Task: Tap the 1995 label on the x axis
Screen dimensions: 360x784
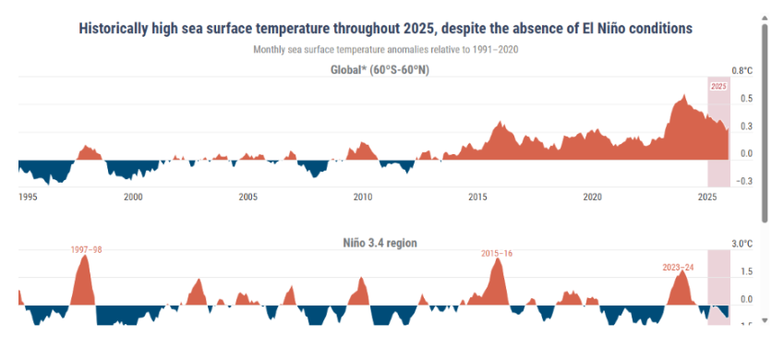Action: (x=29, y=197)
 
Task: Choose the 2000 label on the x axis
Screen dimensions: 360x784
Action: (x=133, y=197)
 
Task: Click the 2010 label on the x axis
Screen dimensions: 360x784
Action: (x=363, y=197)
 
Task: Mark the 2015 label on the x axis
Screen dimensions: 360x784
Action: (x=477, y=197)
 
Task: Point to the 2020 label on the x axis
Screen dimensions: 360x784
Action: (x=593, y=197)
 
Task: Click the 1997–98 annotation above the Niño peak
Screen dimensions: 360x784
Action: (x=87, y=249)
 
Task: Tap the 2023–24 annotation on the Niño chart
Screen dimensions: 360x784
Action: (x=680, y=268)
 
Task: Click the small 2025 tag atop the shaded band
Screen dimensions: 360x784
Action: (x=718, y=86)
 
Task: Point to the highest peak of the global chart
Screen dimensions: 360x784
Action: (x=683, y=95)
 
